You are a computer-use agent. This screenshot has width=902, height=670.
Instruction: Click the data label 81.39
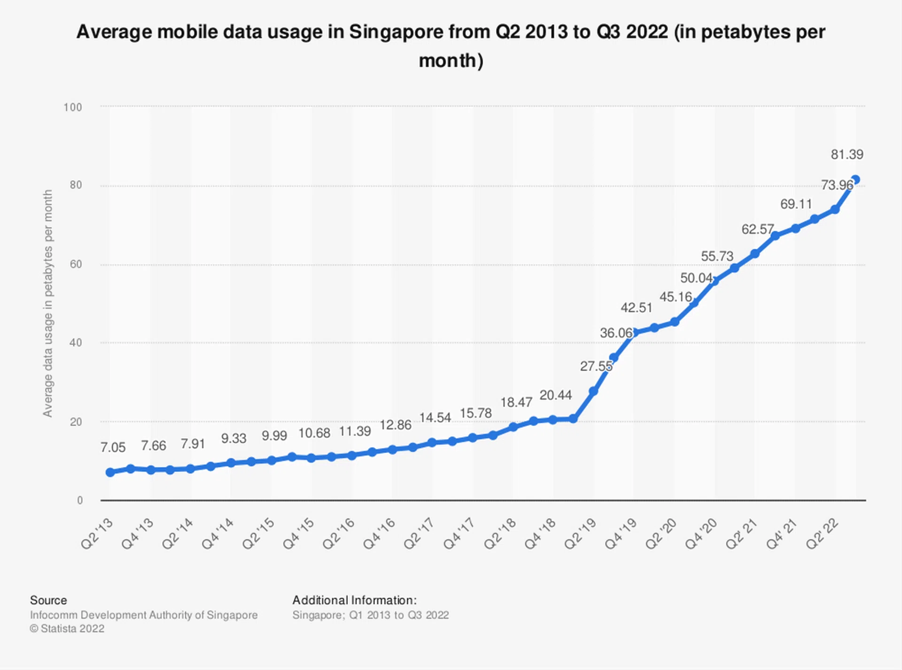click(x=847, y=155)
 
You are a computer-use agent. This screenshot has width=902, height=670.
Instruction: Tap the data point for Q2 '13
click(x=110, y=472)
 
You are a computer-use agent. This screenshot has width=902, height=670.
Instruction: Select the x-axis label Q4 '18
click(x=541, y=533)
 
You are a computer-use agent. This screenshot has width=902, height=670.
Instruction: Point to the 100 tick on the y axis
click(x=73, y=108)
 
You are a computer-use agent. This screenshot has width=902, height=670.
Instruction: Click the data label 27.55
click(x=596, y=366)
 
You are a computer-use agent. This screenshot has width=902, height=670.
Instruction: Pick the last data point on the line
click(x=855, y=180)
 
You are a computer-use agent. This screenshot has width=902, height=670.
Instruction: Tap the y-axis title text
click(x=48, y=303)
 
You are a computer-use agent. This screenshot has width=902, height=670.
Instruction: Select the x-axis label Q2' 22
click(x=823, y=533)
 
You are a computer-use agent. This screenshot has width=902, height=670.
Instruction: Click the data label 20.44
click(x=555, y=395)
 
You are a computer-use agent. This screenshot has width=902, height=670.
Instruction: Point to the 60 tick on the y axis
click(x=76, y=264)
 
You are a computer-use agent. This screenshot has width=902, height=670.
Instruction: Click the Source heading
click(x=48, y=600)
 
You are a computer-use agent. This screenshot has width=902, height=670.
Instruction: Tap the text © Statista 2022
click(x=67, y=629)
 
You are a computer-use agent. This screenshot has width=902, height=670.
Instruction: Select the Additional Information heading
click(x=354, y=600)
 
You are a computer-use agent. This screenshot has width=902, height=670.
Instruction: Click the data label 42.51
click(x=636, y=308)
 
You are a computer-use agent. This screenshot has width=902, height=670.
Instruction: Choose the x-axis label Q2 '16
click(x=339, y=533)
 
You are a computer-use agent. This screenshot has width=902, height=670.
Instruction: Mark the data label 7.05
click(x=113, y=447)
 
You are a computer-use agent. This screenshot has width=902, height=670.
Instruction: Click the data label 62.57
click(x=757, y=229)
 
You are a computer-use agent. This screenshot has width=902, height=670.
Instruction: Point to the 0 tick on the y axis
click(x=80, y=500)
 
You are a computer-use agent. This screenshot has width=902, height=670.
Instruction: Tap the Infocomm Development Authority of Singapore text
click(x=144, y=615)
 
